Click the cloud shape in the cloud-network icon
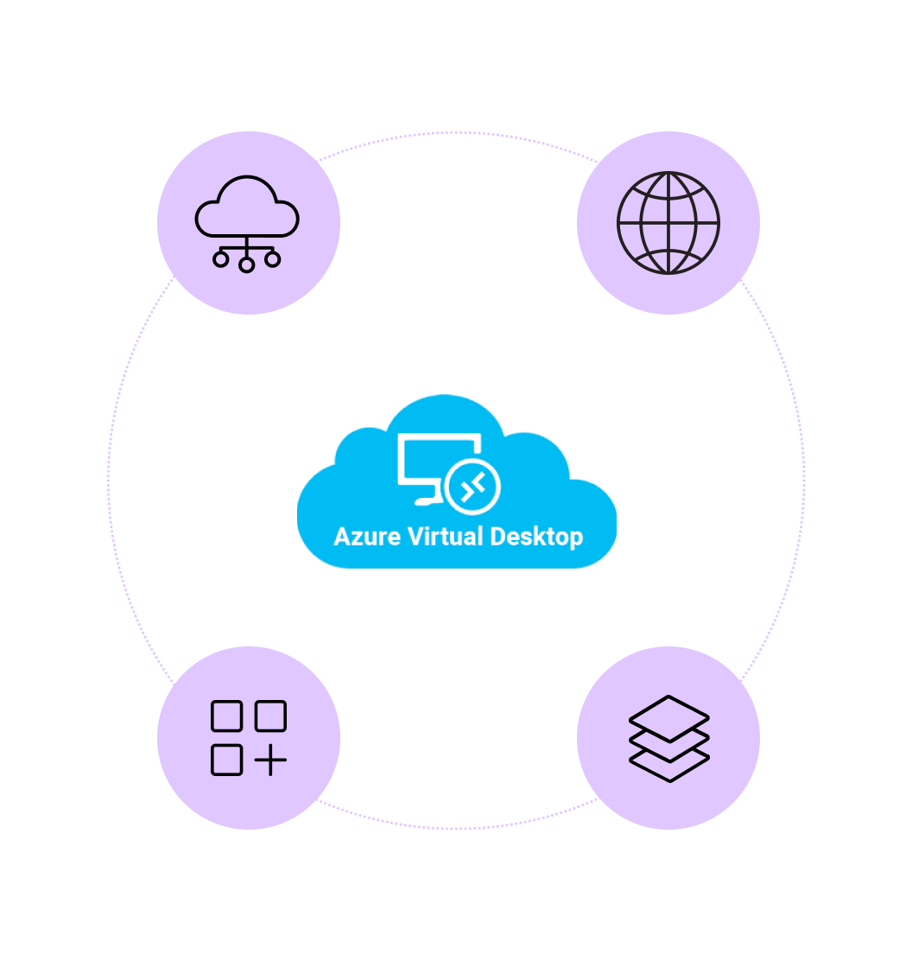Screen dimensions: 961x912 point(247,207)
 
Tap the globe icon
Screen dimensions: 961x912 point(668,223)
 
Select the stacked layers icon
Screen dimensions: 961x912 point(668,738)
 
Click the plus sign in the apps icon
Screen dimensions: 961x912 point(271,761)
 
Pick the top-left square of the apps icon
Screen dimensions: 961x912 point(226,716)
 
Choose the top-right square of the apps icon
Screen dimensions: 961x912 point(270,716)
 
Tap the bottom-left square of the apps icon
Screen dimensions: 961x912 point(226,760)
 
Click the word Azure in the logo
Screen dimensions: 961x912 point(366,537)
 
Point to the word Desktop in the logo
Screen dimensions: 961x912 point(535,537)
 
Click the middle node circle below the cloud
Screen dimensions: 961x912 point(247,264)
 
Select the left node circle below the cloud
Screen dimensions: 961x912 point(221,258)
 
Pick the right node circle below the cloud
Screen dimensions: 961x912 point(273,258)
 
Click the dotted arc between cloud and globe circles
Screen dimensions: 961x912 point(458,133)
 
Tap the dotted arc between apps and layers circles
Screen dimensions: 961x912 point(458,828)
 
